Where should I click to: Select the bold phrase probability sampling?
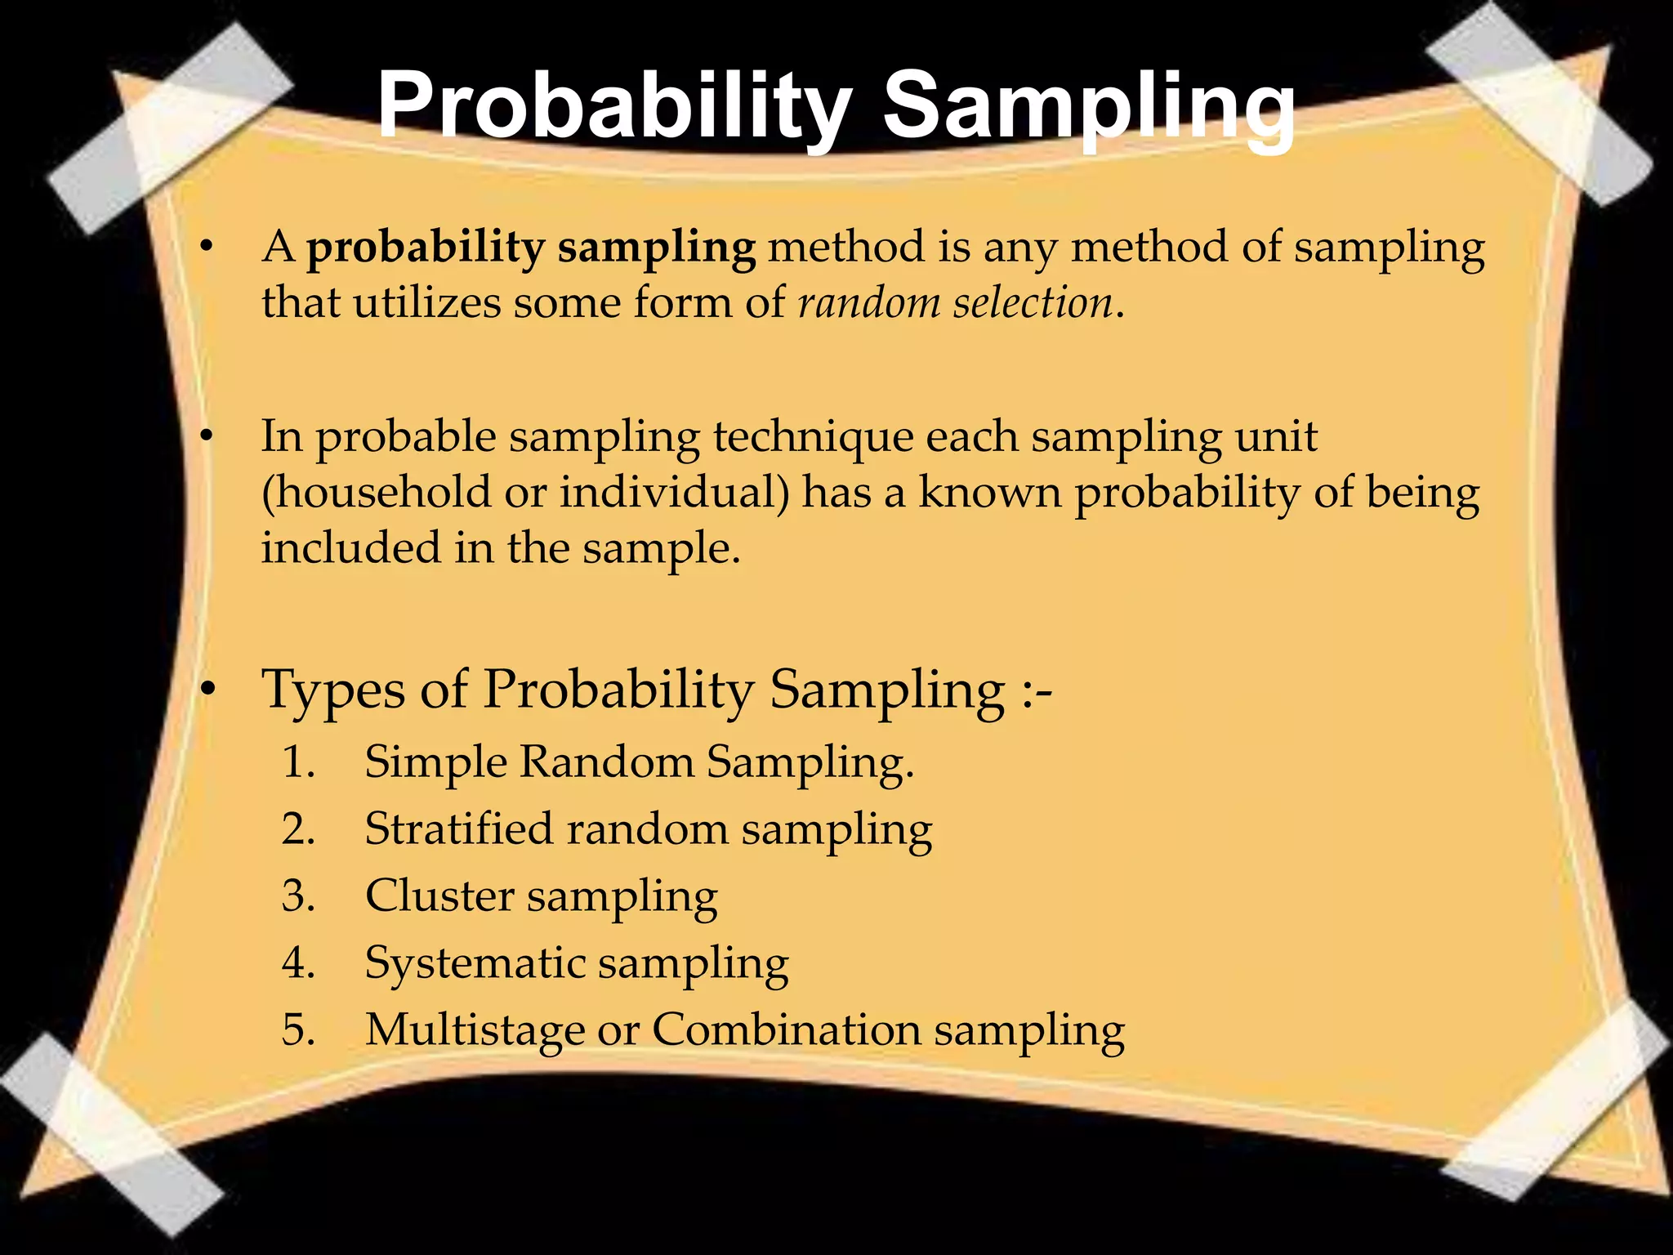point(531,248)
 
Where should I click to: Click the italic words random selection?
point(955,302)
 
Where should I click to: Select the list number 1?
point(297,762)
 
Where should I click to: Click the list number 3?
point(297,895)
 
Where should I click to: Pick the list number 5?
point(297,1029)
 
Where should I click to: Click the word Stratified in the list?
point(459,828)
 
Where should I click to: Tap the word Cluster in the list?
point(439,895)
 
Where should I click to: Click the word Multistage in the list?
point(474,1029)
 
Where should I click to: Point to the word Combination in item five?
point(786,1029)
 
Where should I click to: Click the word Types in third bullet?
point(332,690)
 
